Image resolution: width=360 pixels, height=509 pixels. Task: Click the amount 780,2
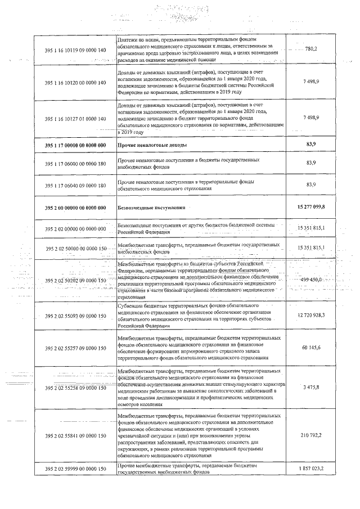[x=311, y=49]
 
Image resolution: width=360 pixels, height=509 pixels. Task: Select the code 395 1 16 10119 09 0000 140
[x=75, y=50]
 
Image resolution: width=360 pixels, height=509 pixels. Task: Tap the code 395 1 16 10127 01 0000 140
[x=75, y=119]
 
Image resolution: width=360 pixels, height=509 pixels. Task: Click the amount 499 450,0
[x=311, y=280]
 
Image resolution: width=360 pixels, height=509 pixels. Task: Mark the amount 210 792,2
[x=311, y=435]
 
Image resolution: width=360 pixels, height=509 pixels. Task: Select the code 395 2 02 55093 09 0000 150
[x=75, y=316]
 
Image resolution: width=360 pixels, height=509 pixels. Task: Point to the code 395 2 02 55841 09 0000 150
[x=75, y=435]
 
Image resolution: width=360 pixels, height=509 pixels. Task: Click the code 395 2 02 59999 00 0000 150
[x=75, y=469]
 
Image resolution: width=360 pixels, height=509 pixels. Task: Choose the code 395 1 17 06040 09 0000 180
[x=75, y=185]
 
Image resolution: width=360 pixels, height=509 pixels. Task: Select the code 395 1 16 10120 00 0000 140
[x=75, y=83]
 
